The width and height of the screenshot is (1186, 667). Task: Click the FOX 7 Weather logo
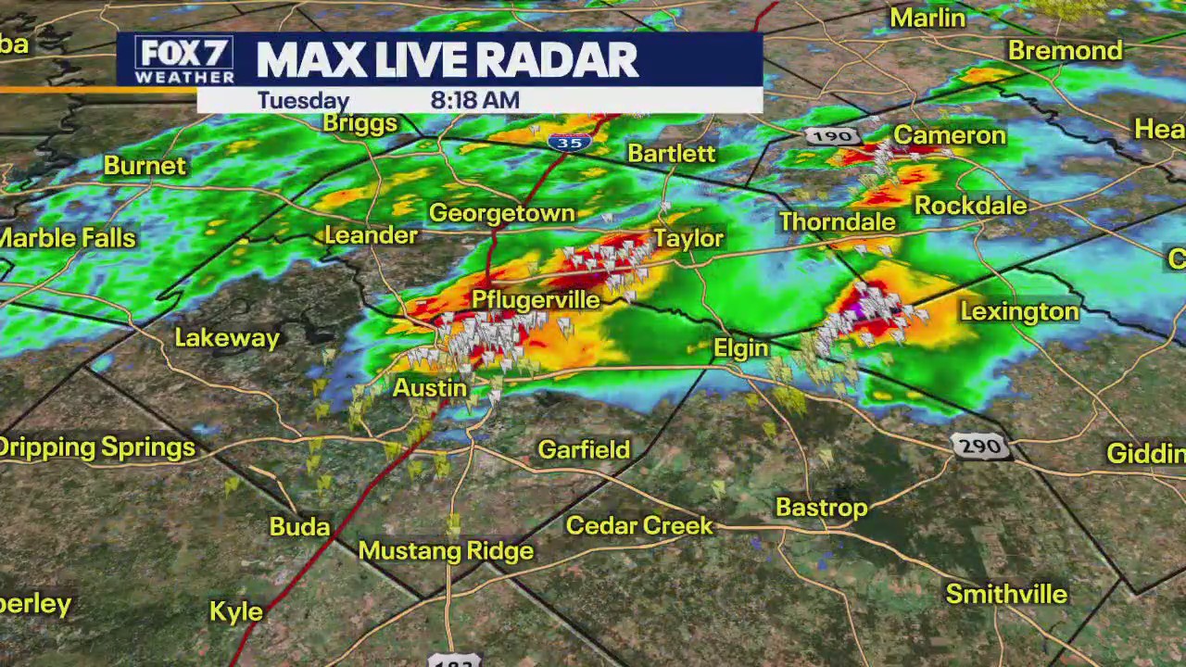pos(184,60)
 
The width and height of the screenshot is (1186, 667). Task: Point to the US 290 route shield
pos(980,447)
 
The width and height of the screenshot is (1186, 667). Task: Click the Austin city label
pos(429,387)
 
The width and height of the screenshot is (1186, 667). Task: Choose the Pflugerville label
pos(536,300)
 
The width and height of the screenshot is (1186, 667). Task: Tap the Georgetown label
pos(501,213)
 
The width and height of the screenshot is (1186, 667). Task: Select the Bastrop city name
pos(821,508)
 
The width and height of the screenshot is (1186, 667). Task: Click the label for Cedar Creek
pos(639,525)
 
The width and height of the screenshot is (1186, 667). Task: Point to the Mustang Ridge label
pos(446,551)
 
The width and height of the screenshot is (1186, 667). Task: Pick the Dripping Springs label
pos(97,447)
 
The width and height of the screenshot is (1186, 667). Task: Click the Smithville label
pos(1006,594)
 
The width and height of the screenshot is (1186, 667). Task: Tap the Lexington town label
pos(1019,311)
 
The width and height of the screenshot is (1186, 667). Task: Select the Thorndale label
pos(837,221)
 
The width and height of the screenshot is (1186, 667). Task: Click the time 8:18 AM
pos(474,100)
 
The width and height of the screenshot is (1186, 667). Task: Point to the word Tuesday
pos(303,100)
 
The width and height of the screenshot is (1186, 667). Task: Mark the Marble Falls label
pos(68,238)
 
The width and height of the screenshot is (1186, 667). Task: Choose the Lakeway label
pos(227,338)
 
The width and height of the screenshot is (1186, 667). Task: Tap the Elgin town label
pos(740,347)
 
